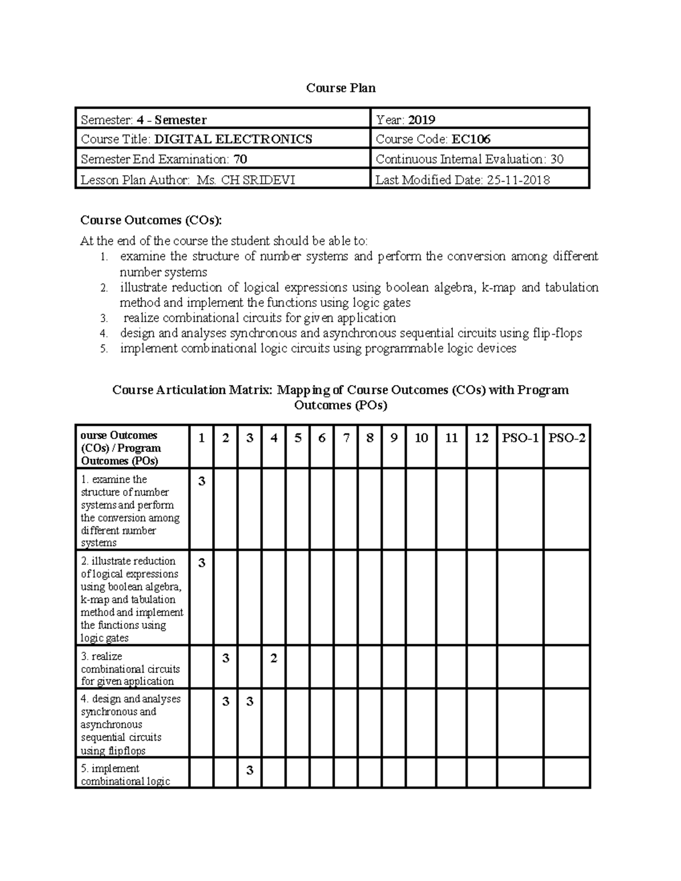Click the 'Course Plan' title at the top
coord(340,88)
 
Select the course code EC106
coord(471,139)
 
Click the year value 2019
coord(422,120)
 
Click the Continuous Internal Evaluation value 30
coord(557,159)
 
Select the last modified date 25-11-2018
coord(516,180)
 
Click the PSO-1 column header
coord(520,438)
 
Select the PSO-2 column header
coord(566,438)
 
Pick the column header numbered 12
coord(481,438)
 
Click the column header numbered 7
coord(346,438)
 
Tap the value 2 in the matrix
coord(274,659)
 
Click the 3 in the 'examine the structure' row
coord(201,482)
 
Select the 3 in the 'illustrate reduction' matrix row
coord(201,563)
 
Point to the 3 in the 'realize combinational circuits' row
coord(225,659)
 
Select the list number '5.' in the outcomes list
coord(103,349)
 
